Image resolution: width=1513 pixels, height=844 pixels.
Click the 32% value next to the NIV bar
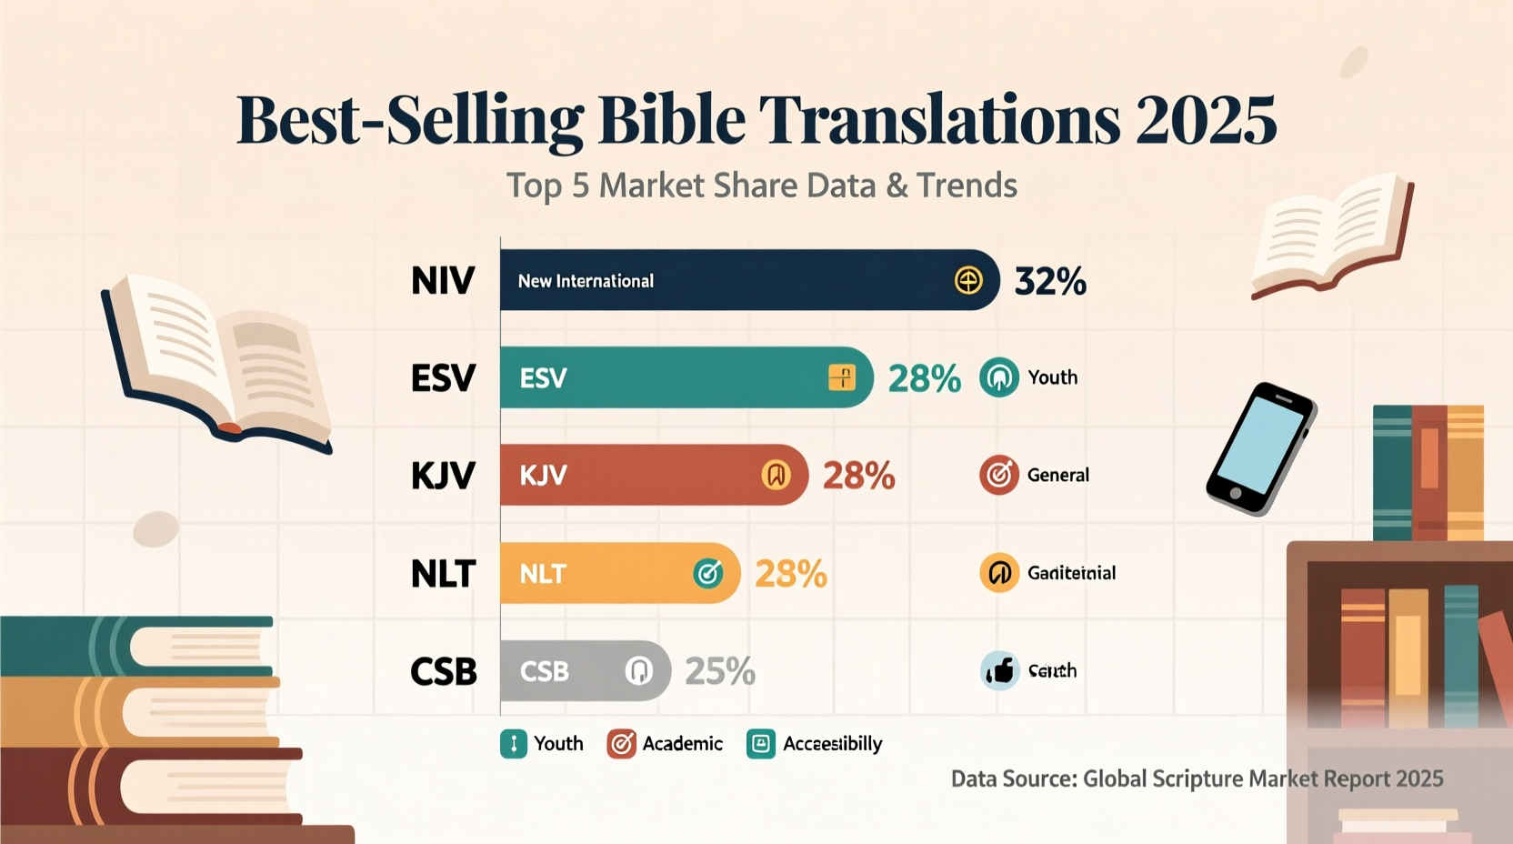[x=1050, y=281]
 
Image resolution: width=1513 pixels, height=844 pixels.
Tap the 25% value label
[x=719, y=671]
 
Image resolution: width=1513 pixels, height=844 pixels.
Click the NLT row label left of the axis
[x=443, y=574]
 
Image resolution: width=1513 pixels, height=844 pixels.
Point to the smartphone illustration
[x=1260, y=448]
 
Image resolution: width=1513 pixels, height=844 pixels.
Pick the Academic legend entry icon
[x=621, y=744]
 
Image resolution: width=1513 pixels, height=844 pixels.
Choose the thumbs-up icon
[x=999, y=671]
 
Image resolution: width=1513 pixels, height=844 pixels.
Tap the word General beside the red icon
[x=1057, y=475]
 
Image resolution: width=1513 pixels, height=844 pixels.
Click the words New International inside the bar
[x=586, y=281]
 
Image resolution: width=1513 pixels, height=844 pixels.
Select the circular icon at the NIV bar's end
[x=968, y=280]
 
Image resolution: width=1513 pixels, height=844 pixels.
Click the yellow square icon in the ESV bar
[x=842, y=377]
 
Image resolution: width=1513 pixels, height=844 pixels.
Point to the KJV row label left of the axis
[x=443, y=476]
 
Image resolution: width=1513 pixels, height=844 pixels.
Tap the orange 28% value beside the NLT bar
[x=790, y=574]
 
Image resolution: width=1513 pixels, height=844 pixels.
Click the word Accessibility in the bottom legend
[x=832, y=744]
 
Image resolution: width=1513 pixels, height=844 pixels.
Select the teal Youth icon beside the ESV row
[x=998, y=377]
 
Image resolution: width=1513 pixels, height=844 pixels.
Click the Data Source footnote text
[x=1197, y=779]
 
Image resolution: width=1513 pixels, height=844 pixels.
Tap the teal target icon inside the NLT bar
[x=708, y=573]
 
